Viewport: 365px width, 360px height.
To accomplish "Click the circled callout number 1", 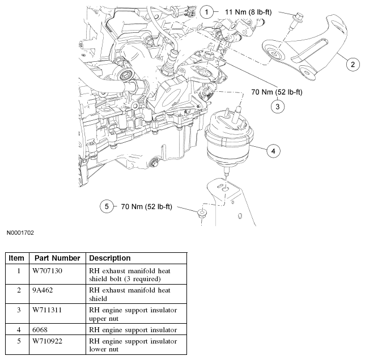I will coord(207,11).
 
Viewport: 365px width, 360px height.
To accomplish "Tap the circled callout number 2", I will coord(352,64).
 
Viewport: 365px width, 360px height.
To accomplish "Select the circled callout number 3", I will coord(277,105).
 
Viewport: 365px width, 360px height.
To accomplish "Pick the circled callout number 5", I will coord(107,207).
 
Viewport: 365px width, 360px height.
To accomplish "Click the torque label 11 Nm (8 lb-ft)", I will coord(253,11).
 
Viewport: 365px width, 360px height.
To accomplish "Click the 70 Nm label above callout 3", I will coord(277,92).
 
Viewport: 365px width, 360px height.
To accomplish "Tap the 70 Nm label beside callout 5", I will coord(147,207).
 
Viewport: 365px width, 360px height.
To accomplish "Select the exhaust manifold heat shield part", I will coord(309,51).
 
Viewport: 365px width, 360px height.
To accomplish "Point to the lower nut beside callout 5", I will coord(201,214).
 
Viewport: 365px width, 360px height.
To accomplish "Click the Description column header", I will coord(110,258).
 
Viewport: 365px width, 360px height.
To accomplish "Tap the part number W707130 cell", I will coord(48,271).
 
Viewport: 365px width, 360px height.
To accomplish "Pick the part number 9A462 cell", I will coord(43,291).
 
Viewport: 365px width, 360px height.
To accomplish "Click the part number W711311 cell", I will coord(48,311).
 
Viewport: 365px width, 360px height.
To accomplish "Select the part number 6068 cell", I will coord(41,330).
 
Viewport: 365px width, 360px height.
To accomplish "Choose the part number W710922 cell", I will coord(48,342).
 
